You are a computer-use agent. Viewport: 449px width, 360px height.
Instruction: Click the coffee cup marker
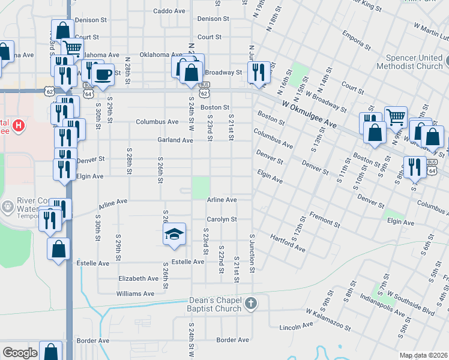tap(103, 75)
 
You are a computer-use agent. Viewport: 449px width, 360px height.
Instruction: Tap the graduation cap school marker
tap(173, 233)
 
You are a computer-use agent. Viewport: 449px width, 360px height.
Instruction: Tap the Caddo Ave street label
tap(169, 11)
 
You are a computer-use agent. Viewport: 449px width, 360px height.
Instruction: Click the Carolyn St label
tap(222, 220)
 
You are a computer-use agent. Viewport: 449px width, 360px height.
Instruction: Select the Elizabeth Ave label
tap(139, 278)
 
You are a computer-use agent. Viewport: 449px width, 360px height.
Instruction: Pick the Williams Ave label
tap(135, 294)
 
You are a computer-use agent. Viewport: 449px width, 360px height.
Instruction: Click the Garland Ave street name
tap(175, 140)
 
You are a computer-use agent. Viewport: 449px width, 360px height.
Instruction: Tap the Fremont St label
tap(324, 218)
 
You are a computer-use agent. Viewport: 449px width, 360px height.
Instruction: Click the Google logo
tap(20, 353)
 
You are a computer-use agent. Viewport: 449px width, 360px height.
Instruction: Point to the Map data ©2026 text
tap(423, 355)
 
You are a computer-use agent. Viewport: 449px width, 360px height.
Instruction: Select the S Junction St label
tap(253, 252)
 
